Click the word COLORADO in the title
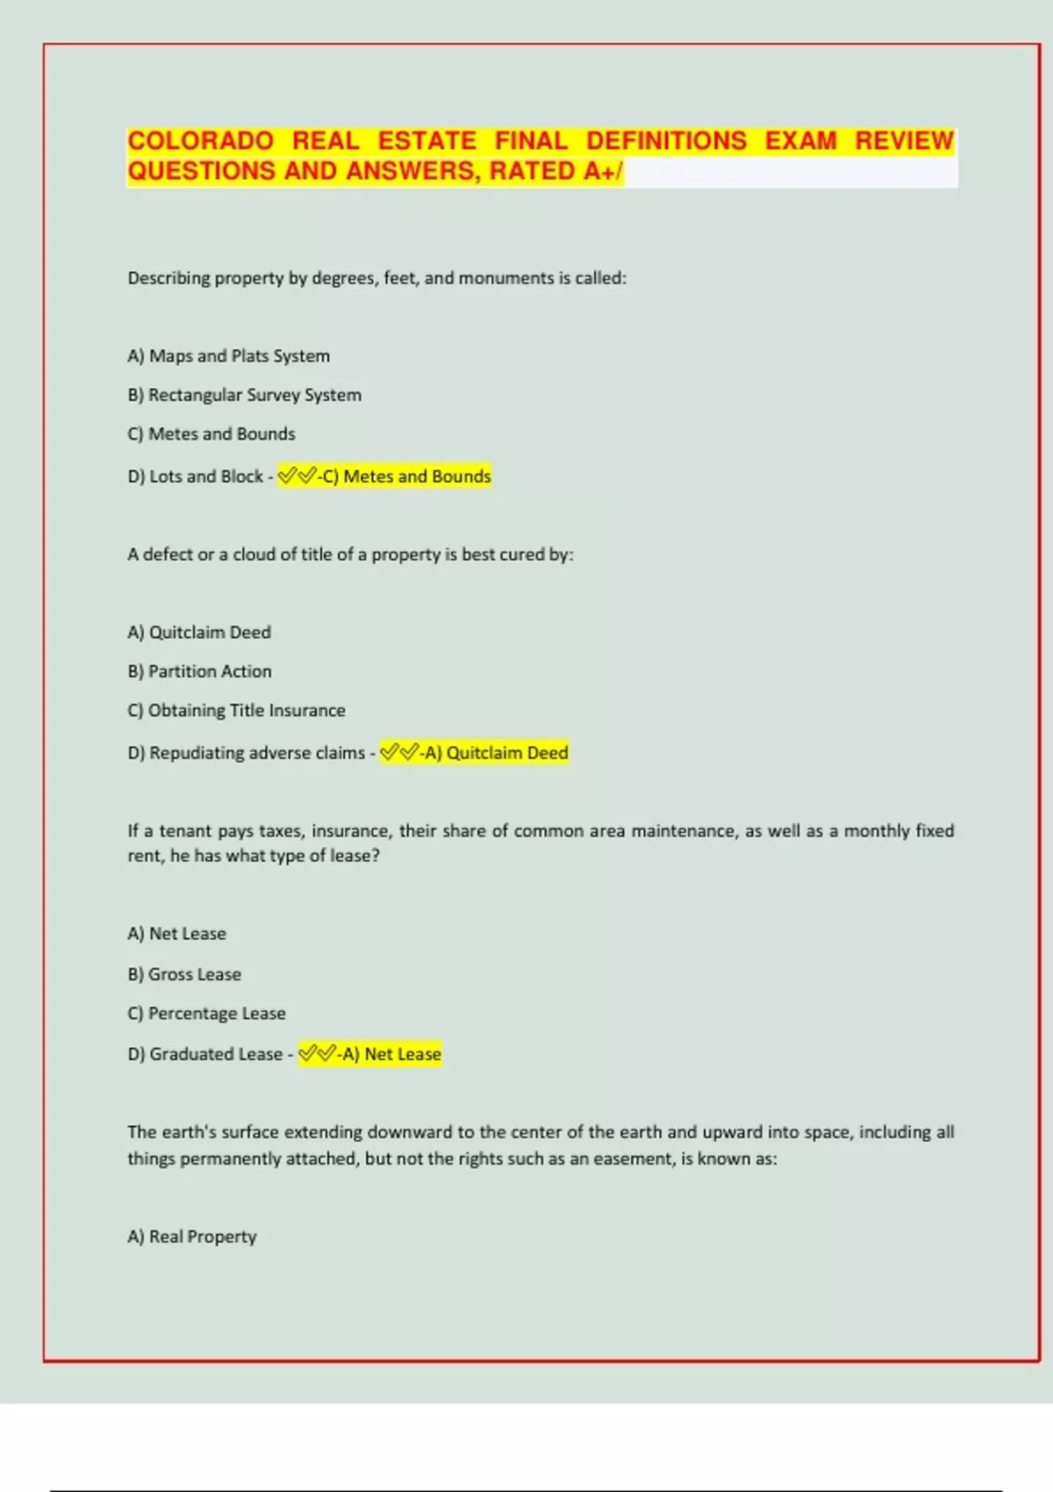[x=200, y=141]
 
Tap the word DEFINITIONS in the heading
[x=666, y=141]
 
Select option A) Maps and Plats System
[x=228, y=356]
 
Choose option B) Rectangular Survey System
[x=244, y=395]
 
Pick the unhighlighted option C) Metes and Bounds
[x=211, y=434]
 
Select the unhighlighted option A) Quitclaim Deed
[x=199, y=633]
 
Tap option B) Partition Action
[x=199, y=671]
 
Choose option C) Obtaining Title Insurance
[x=236, y=711]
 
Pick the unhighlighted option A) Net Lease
[x=176, y=934]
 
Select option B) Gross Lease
[x=184, y=974]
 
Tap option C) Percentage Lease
[x=206, y=1014]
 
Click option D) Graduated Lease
[x=204, y=1054]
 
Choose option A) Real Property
[x=191, y=1237]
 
